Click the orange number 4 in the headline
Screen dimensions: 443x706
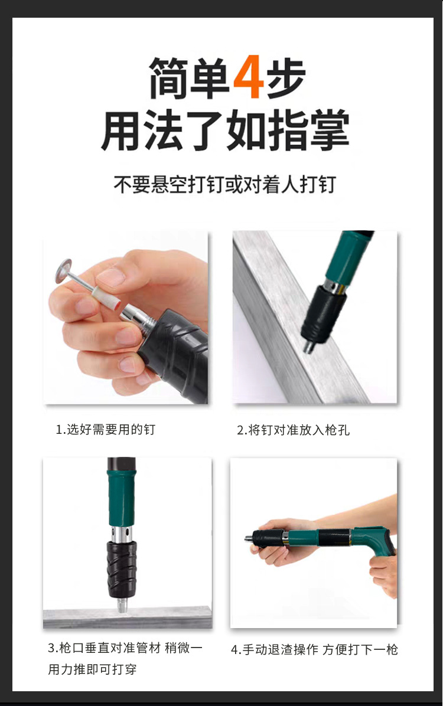248,77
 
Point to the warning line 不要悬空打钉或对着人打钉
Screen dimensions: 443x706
224,184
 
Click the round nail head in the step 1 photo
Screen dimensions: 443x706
64,270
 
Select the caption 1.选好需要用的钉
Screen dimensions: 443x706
106,430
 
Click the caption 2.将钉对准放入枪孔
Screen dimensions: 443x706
294,430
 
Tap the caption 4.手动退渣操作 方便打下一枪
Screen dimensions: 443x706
315,649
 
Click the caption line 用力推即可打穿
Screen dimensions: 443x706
92,669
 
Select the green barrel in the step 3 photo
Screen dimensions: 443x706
121,497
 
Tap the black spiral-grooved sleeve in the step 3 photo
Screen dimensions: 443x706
122,569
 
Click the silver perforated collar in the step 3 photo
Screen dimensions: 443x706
122,534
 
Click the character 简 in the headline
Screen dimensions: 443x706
168,78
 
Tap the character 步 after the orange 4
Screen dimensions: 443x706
286,78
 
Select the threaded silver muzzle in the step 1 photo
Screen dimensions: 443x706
142,317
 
